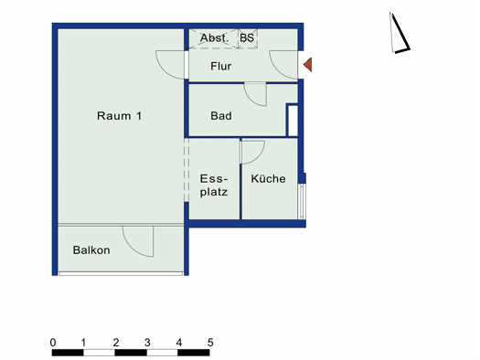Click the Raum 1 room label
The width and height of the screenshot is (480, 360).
[x=120, y=116]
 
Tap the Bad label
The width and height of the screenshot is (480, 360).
[x=221, y=116]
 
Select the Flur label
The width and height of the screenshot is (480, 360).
[x=220, y=66]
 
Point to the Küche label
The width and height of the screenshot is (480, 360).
[x=268, y=178]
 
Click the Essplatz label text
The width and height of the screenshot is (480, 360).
[x=214, y=185]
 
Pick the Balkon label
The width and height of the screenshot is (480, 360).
[x=91, y=250]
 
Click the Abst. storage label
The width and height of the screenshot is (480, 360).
[x=214, y=38]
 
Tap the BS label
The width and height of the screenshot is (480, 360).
[x=247, y=38]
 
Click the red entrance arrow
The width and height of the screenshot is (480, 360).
[x=308, y=65]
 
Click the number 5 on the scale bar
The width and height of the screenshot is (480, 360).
[x=210, y=343]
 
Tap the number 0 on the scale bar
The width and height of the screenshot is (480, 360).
[x=53, y=343]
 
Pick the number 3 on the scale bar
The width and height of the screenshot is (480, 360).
[x=147, y=343]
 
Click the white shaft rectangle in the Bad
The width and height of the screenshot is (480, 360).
[x=293, y=121]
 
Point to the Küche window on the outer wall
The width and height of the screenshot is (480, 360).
[x=302, y=201]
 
